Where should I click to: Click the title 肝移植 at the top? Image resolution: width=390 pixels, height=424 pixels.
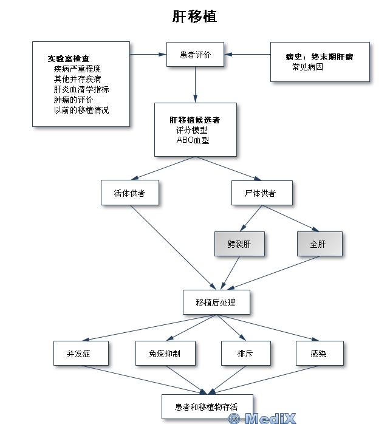pos(195,16)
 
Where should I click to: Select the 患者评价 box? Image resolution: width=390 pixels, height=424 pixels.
pos(195,54)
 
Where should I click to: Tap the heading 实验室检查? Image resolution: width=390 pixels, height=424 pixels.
pos(69,58)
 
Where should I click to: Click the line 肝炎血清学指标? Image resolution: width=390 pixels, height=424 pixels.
pos(81,89)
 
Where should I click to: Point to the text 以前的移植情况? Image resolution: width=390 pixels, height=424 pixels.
pos(81,110)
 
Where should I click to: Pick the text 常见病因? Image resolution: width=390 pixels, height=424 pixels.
pos(307,67)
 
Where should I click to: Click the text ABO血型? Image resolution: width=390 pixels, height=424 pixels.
pos(193,140)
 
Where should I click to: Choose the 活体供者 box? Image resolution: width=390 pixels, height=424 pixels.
pos(130,193)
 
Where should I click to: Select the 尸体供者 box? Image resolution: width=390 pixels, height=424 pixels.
pos(262,193)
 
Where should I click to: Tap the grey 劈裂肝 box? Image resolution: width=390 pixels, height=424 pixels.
pos(239,244)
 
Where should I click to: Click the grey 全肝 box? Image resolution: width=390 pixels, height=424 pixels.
pos(320,244)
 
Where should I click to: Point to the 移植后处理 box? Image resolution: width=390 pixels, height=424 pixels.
pos(216,302)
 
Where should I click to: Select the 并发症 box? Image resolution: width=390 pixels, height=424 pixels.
pos(81,353)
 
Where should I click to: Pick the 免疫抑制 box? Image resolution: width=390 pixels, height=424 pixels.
pos(165,353)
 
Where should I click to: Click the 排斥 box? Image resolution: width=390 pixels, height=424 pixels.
pos(246,353)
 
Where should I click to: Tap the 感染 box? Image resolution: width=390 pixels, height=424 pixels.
pos(320,353)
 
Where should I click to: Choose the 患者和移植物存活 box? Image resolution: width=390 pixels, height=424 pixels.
pos(207,406)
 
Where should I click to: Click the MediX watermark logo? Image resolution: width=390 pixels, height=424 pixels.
pos(262,419)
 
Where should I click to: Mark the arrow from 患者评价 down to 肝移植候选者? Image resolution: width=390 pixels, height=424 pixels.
pos(195,84)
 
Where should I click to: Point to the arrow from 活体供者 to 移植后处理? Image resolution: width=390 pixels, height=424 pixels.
pos(173,247)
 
